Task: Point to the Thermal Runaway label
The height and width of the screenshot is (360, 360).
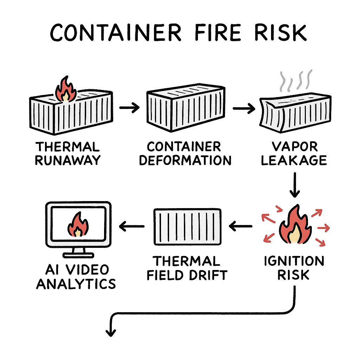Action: [x=67, y=153]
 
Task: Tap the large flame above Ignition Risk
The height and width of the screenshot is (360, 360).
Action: [x=295, y=227]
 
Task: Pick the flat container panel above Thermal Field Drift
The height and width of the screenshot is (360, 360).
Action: [x=187, y=226]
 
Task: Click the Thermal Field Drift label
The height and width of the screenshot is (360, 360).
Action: [x=187, y=268]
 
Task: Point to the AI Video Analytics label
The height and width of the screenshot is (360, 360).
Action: [x=76, y=276]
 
